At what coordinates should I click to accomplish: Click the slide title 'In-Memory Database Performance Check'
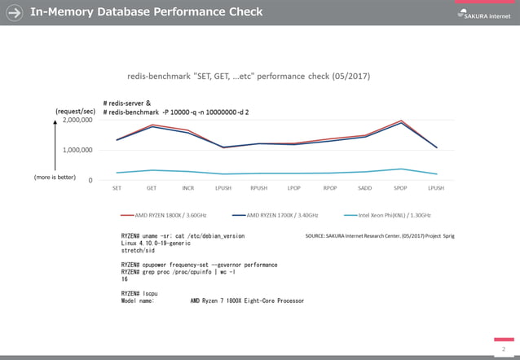(x=147, y=12)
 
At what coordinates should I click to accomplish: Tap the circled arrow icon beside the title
(x=14, y=12)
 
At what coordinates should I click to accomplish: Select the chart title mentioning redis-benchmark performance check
(x=249, y=76)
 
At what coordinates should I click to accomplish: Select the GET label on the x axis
(x=152, y=188)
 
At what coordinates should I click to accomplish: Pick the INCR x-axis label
(x=187, y=188)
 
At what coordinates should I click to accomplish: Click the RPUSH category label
(x=258, y=188)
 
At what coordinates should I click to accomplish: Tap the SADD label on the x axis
(x=365, y=188)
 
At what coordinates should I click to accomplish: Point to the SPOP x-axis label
(x=400, y=188)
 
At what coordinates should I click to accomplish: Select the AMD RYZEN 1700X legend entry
(x=277, y=215)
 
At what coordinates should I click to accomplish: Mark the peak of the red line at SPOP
(x=400, y=121)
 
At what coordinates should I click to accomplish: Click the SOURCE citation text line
(x=379, y=235)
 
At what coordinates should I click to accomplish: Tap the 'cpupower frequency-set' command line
(x=200, y=265)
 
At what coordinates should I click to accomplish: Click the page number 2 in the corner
(x=503, y=347)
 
